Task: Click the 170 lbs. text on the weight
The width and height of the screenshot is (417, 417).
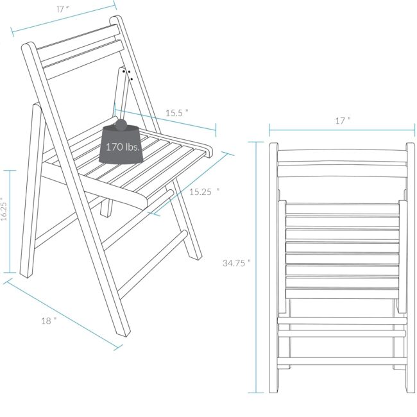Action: pos(123,147)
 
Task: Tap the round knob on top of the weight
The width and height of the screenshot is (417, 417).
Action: pos(121,125)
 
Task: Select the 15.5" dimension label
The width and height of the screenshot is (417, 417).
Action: pos(177,113)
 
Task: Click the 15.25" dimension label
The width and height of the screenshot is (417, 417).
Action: pos(204,191)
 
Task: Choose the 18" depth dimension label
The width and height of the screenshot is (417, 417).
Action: pos(49,321)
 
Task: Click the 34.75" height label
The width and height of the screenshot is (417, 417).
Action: pos(237,263)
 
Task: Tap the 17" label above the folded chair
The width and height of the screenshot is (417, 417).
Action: pos(343,121)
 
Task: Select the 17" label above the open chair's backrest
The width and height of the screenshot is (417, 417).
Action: pos(62,9)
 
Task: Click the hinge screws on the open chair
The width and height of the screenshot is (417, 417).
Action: pos(128,74)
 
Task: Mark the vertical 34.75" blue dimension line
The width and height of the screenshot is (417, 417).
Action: pos(256,267)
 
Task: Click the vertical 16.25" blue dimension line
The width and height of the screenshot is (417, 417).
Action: pos(10,221)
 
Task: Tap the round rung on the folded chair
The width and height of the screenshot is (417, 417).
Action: pos(342,334)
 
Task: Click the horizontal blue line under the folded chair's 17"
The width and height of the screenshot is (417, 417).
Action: pos(342,130)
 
